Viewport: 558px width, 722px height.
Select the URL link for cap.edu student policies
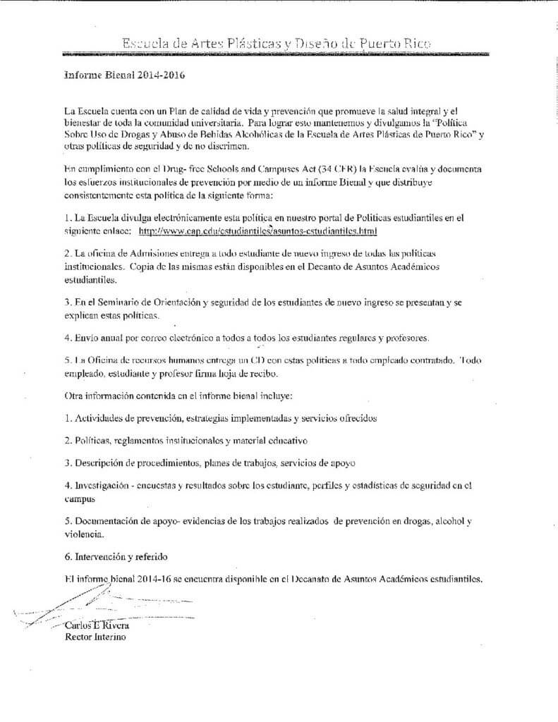coord(258,231)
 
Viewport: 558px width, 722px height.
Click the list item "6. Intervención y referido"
coord(119,557)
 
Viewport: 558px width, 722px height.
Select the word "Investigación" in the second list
coord(104,486)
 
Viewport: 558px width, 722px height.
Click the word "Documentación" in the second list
coord(109,521)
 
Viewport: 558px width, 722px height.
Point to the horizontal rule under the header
coord(279,54)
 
